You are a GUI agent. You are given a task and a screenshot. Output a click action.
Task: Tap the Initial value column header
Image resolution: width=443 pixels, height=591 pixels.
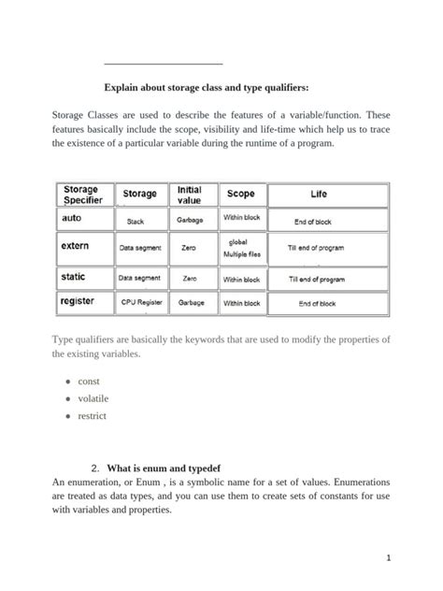pos(190,195)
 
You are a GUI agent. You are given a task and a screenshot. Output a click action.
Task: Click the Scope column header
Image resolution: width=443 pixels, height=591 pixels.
pos(240,194)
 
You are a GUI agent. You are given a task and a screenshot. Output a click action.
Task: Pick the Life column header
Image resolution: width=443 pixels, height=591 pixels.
pos(319,195)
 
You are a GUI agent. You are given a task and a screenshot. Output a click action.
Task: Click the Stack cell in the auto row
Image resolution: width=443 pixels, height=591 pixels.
pos(136,222)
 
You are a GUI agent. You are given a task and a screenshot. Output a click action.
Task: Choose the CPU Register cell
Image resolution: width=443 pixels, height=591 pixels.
pos(142,303)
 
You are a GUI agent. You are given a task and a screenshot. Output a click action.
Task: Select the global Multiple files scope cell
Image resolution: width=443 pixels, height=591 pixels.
pos(241,248)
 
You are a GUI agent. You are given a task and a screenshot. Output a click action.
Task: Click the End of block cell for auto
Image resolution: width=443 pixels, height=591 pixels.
pos(313,222)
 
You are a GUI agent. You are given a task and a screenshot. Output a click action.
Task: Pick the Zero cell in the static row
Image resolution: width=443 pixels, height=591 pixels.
pos(190,279)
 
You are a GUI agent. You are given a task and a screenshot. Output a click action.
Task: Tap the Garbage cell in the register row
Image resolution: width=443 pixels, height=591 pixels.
pos(191,303)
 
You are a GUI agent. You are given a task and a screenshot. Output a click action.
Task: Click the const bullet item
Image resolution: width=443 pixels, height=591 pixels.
pos(90,382)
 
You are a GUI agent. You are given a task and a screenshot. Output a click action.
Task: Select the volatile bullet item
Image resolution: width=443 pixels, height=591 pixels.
pos(93,398)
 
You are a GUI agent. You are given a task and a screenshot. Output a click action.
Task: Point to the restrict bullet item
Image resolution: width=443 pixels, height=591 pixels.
pos(93,415)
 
